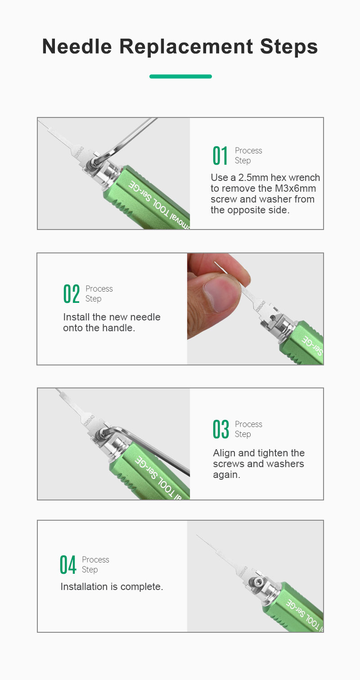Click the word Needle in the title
point(77,47)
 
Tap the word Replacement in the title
point(186,47)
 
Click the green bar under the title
point(180,77)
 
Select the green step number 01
point(220,155)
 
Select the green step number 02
point(72,293)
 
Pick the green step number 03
point(220,429)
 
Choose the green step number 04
point(67,565)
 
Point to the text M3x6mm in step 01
point(295,188)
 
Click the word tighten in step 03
point(271,453)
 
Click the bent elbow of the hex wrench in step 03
point(114,429)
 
